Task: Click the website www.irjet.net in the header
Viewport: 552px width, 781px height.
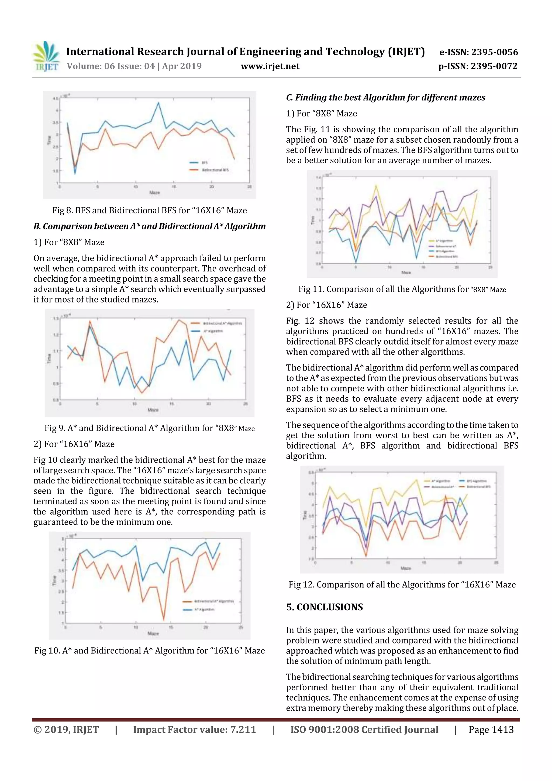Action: tap(270, 66)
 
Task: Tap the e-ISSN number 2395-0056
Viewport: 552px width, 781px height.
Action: tap(495, 52)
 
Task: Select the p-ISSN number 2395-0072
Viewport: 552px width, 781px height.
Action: tap(494, 66)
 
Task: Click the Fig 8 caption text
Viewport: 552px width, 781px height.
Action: tap(149, 210)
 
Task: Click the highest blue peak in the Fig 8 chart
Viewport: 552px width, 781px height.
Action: tap(158, 103)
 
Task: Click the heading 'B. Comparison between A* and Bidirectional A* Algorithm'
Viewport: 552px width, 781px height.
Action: tap(149, 226)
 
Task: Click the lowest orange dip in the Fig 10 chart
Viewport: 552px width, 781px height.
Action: tap(164, 620)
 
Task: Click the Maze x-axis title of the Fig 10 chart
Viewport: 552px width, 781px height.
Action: tap(153, 633)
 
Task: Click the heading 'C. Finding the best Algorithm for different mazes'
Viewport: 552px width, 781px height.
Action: tap(385, 98)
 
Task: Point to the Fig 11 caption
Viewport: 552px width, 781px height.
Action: tap(402, 289)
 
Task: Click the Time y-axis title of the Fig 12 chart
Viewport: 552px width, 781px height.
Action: tap(305, 515)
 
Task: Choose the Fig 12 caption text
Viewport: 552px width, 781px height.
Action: tap(402, 585)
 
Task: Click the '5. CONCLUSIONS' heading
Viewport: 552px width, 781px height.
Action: tap(325, 607)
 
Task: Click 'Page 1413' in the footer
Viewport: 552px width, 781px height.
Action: tap(491, 730)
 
